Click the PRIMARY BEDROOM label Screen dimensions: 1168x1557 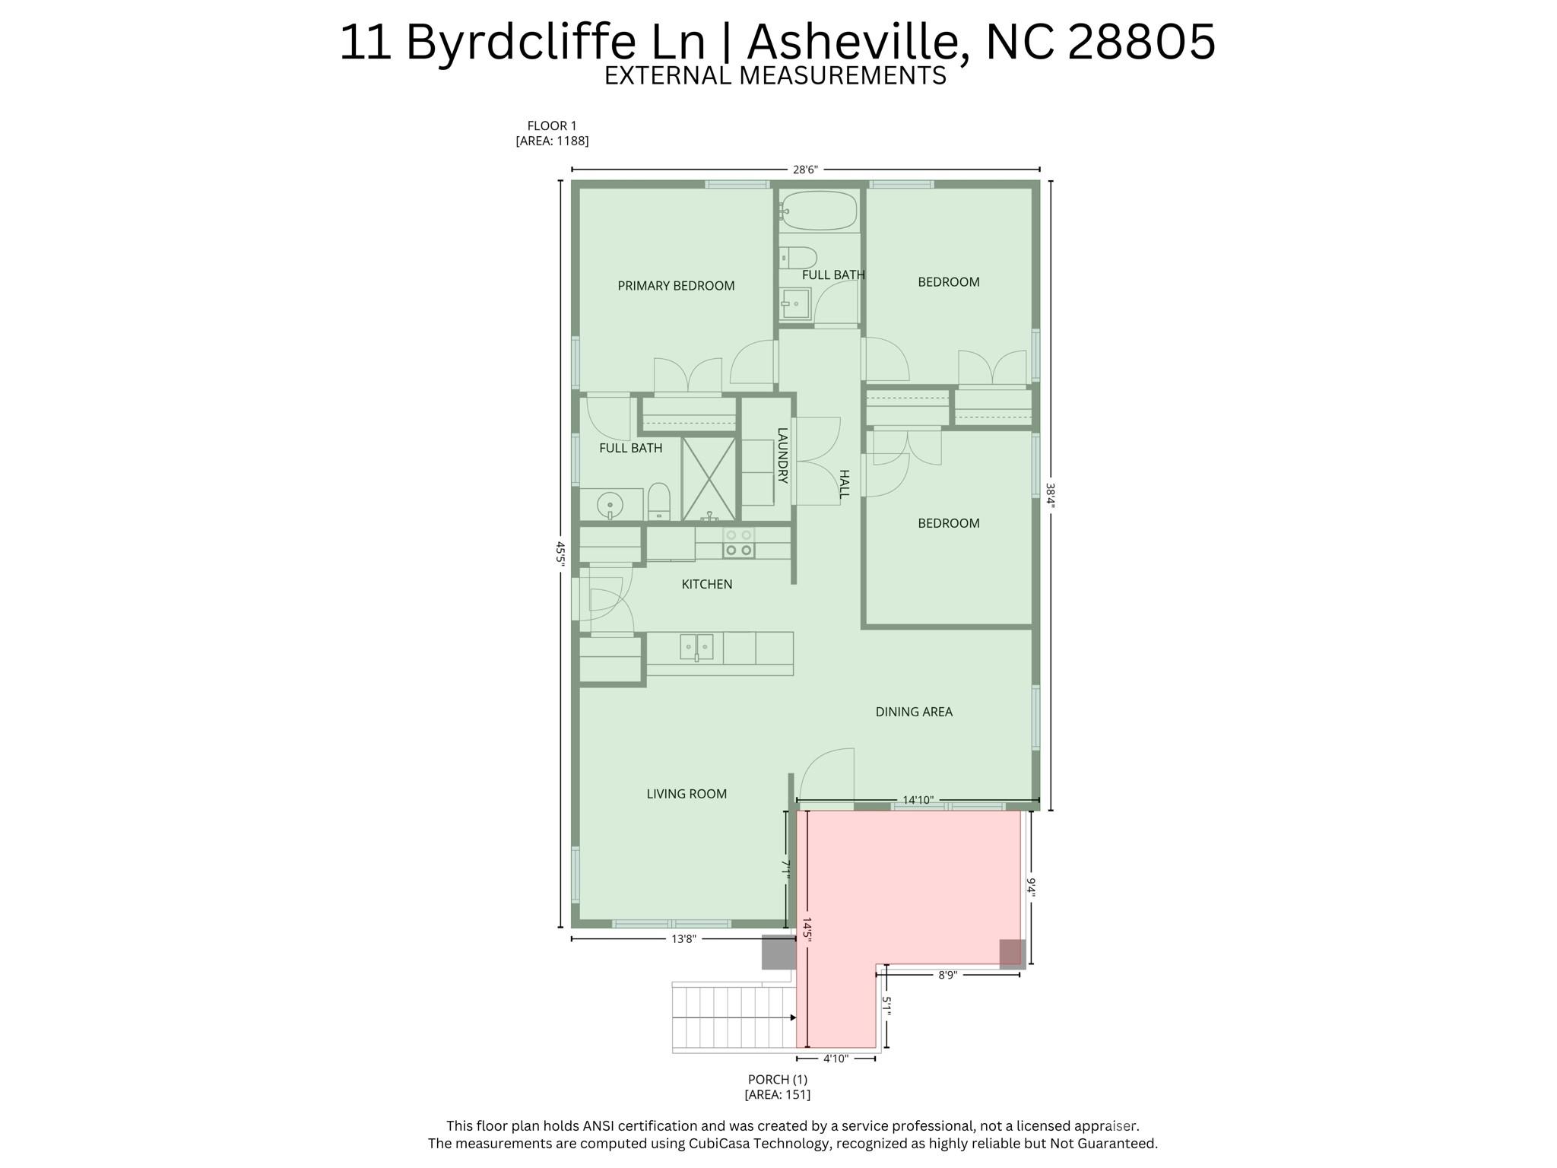[x=676, y=286]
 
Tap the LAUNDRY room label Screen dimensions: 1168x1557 [x=782, y=455]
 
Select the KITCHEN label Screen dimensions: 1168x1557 [x=706, y=584]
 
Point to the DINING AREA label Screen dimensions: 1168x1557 [x=914, y=712]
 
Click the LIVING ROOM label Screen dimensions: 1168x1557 [x=687, y=794]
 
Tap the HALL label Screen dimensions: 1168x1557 [x=844, y=484]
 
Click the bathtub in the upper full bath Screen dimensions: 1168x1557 [x=820, y=209]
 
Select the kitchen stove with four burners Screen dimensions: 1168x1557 [x=738, y=543]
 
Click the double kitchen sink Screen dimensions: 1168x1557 [x=696, y=647]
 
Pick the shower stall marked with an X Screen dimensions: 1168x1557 [x=709, y=478]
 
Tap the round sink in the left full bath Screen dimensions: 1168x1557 [x=610, y=504]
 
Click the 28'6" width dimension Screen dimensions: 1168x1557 [x=804, y=170]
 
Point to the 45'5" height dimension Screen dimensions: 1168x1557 [x=561, y=554]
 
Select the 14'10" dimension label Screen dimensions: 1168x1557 [x=918, y=800]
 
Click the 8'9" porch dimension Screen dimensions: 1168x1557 [x=947, y=975]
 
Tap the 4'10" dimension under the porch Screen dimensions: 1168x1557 [x=836, y=1058]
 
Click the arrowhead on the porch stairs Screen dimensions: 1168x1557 [x=792, y=1017]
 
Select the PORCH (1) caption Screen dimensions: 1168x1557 [x=777, y=1079]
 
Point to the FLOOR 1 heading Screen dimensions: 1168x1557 [x=552, y=126]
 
